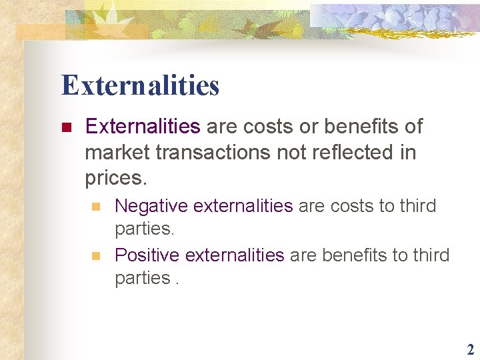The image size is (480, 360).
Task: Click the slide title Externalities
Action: (x=140, y=85)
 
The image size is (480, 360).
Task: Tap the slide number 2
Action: (x=470, y=350)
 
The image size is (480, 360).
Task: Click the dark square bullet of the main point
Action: (x=65, y=127)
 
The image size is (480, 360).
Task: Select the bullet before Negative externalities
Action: (x=96, y=207)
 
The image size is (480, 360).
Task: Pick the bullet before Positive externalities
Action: (x=96, y=255)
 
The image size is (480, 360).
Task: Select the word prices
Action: (x=114, y=179)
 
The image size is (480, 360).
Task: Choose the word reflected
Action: (x=348, y=153)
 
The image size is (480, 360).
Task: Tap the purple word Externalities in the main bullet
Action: (x=143, y=127)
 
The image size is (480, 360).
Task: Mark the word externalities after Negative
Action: (x=237, y=206)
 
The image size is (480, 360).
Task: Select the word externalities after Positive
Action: (x=235, y=255)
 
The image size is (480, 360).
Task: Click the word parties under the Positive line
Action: (x=141, y=278)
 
